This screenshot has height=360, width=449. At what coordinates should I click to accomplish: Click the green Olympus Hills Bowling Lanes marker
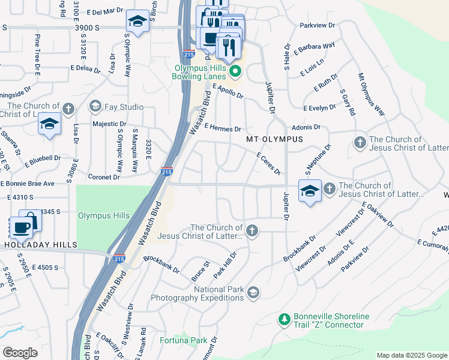click(x=235, y=73)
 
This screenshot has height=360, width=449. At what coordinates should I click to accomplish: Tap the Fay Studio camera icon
click(x=95, y=107)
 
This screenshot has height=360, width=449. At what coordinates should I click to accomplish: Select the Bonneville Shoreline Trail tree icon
click(x=285, y=320)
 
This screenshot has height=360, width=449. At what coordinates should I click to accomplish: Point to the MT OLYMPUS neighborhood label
click(x=274, y=139)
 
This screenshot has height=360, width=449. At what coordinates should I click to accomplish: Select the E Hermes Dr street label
click(x=222, y=128)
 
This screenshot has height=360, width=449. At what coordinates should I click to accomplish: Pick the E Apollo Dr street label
click(x=228, y=91)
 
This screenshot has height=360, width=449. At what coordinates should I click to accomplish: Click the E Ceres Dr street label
click(x=268, y=163)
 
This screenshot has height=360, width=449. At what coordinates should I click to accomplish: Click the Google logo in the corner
click(x=20, y=353)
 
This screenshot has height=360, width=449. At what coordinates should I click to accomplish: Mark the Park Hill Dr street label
click(x=225, y=265)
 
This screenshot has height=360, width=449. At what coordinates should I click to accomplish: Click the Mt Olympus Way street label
click(x=371, y=95)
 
